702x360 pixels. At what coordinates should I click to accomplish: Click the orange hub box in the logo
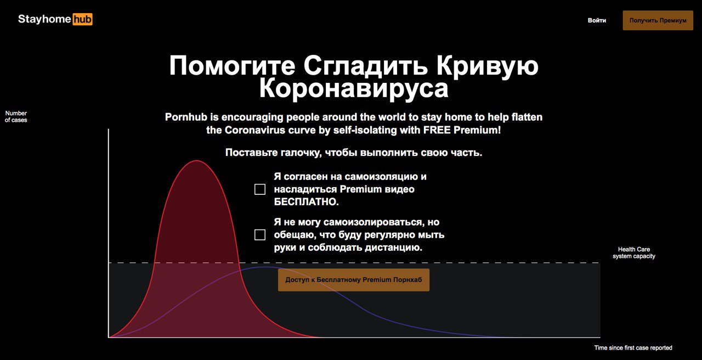pyautogui.click(x=82, y=19)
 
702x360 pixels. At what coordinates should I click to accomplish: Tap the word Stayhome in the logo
pyautogui.click(x=44, y=19)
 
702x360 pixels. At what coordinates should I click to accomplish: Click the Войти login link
pyautogui.click(x=597, y=20)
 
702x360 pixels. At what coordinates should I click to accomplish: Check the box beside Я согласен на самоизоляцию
pyautogui.click(x=260, y=189)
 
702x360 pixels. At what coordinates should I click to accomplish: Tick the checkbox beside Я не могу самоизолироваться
pyautogui.click(x=260, y=234)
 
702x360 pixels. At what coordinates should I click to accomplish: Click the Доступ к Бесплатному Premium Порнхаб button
pyautogui.click(x=354, y=280)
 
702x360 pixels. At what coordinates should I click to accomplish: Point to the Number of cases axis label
pyautogui.click(x=16, y=116)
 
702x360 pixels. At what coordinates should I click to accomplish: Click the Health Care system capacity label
pyautogui.click(x=633, y=253)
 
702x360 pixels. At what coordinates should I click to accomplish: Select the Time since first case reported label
pyautogui.click(x=633, y=348)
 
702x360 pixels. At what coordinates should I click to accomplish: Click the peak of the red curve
pyautogui.click(x=196, y=161)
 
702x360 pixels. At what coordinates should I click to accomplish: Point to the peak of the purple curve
pyautogui.click(x=266, y=267)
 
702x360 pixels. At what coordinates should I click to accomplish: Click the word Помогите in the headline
pyautogui.click(x=232, y=66)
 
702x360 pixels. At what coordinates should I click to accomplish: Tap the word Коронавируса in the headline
pyautogui.click(x=354, y=89)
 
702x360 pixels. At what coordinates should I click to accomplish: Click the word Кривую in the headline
pyautogui.click(x=488, y=66)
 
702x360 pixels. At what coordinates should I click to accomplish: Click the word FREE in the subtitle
pyautogui.click(x=437, y=130)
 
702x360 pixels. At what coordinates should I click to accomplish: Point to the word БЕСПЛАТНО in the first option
pyautogui.click(x=306, y=201)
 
